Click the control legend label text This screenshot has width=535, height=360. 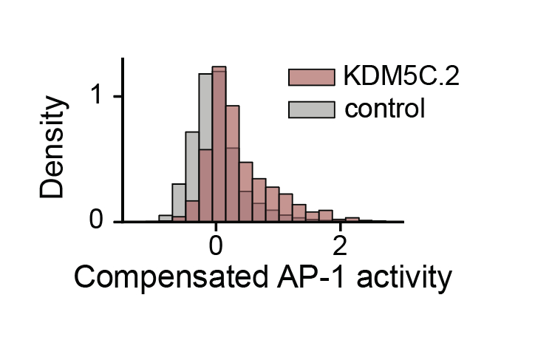pyautogui.click(x=385, y=109)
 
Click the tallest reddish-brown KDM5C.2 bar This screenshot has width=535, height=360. pyautogui.click(x=219, y=148)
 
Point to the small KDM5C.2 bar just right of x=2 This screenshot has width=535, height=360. pyautogui.click(x=352, y=220)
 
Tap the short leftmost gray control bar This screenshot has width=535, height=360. pyautogui.click(x=166, y=219)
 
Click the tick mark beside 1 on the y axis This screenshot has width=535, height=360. pyautogui.click(x=118, y=97)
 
